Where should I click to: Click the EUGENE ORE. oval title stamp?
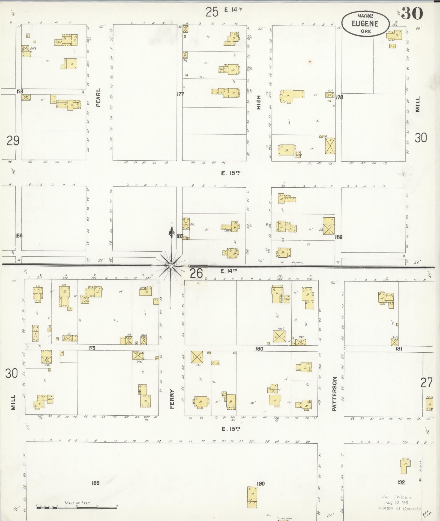pyautogui.click(x=365, y=24)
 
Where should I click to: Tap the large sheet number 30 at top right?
pyautogui.click(x=412, y=14)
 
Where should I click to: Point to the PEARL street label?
pyautogui.click(x=98, y=97)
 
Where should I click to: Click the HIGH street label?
pyautogui.click(x=259, y=102)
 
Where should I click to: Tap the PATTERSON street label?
pyautogui.click(x=335, y=394)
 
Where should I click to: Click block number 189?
pyautogui.click(x=95, y=483)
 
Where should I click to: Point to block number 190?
pyautogui.click(x=261, y=483)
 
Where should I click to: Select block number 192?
pyautogui.click(x=401, y=482)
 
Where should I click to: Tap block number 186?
pyautogui.click(x=19, y=236)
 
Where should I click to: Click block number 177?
pyautogui.click(x=180, y=94)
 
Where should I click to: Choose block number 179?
pyautogui.click(x=92, y=348)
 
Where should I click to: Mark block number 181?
pyautogui.click(x=399, y=349)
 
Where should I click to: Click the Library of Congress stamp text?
pyautogui.click(x=400, y=508)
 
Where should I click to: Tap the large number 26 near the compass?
pyautogui.click(x=196, y=273)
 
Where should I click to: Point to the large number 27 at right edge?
pyautogui.click(x=426, y=383)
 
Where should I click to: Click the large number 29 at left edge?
pyautogui.click(x=13, y=141)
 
